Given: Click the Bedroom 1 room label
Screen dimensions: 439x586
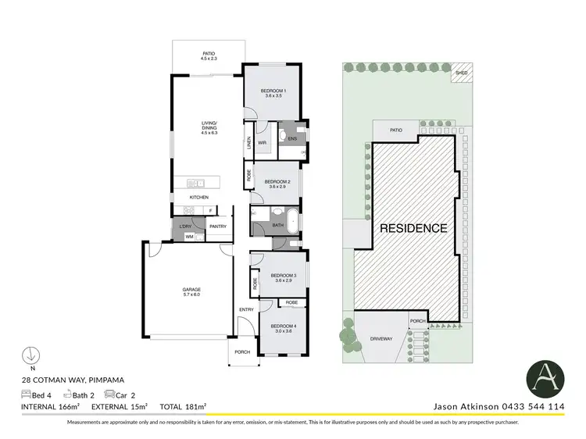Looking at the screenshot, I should tap(274, 93).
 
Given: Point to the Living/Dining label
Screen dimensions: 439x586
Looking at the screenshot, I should tap(207, 128).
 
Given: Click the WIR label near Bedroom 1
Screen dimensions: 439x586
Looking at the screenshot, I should tap(263, 143).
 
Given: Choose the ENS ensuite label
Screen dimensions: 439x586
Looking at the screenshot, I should tap(292, 139).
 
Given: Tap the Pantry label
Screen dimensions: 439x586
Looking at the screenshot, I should tap(217, 227).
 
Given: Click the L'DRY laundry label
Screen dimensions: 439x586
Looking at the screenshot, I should tap(186, 227).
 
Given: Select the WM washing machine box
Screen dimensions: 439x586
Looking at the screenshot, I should tap(189, 236).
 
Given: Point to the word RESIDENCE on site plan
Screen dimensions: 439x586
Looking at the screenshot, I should tap(413, 229).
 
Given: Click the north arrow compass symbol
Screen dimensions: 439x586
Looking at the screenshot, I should tap(30, 355).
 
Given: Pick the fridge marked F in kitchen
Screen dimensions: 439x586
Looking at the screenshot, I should tap(210, 210).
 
